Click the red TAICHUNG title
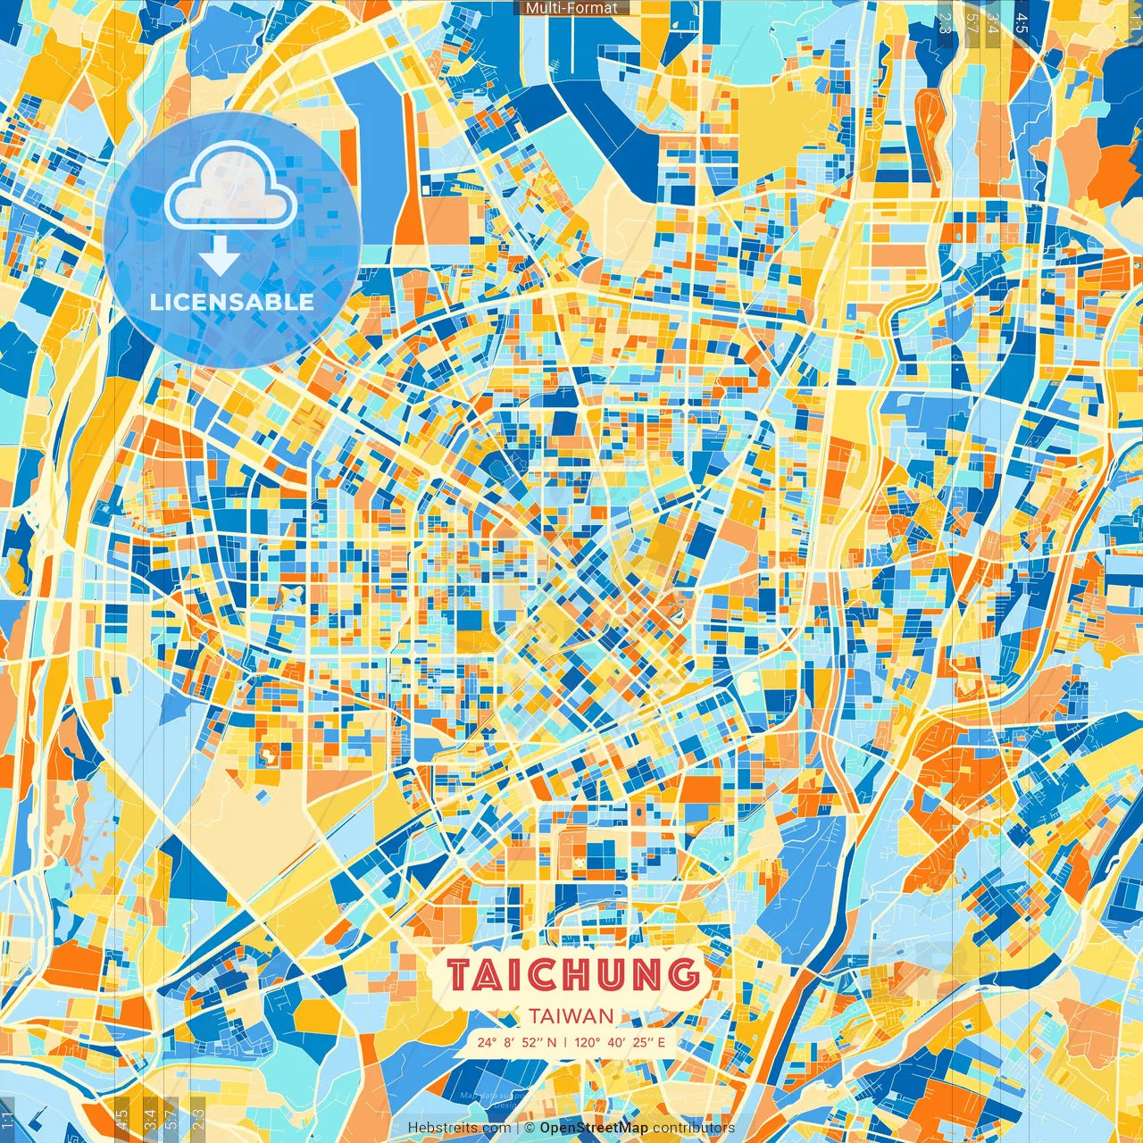tap(572, 975)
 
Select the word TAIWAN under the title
tap(571, 1015)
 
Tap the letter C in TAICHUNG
tap(555, 975)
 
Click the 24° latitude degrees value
tap(486, 1042)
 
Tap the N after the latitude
tap(552, 1042)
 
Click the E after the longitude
tap(661, 1042)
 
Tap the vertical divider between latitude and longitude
tap(563, 1042)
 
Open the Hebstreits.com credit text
tap(459, 1128)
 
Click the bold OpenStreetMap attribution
tap(594, 1128)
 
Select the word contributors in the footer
tap(693, 1128)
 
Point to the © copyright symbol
tap(530, 1128)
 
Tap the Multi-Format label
tap(571, 8)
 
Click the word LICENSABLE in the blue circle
tap(232, 302)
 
